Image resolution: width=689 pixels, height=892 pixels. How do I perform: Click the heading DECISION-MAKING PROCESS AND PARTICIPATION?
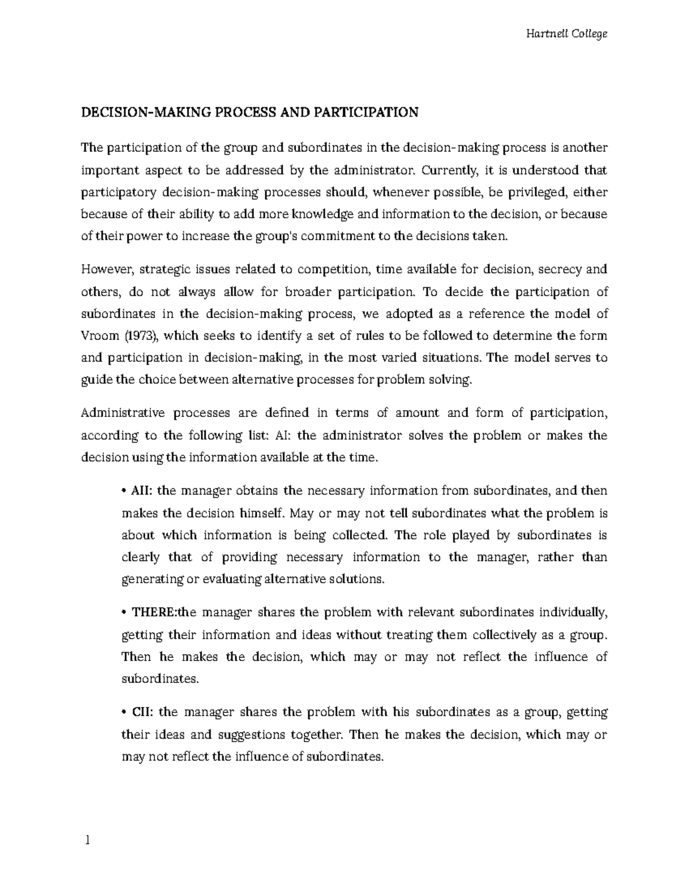(250, 112)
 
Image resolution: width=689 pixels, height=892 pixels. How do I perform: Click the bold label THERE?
(155, 612)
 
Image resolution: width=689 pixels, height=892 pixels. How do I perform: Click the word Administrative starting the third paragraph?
(123, 413)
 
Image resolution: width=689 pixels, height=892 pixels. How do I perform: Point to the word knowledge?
(323, 214)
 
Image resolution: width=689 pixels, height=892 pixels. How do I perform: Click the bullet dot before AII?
(125, 491)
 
